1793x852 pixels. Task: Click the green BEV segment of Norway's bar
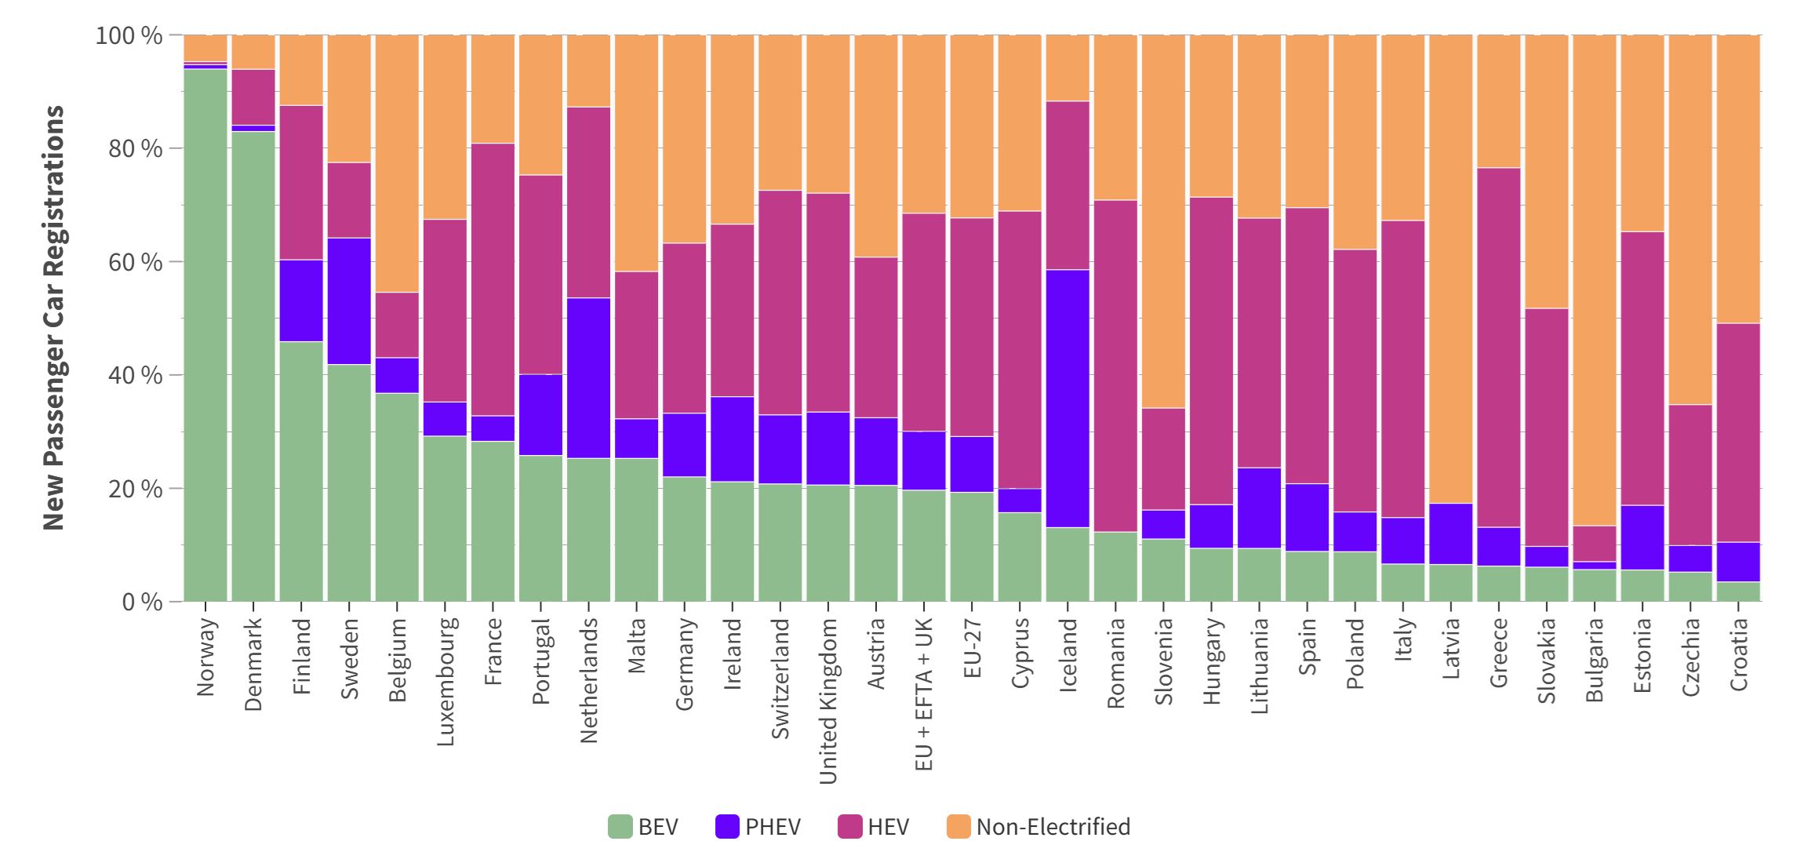point(205,337)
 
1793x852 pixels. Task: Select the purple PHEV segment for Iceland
point(1068,399)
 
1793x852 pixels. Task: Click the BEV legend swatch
point(620,827)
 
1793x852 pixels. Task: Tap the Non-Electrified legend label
point(1053,827)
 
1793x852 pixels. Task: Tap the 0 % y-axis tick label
point(141,603)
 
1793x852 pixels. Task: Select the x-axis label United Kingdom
point(828,701)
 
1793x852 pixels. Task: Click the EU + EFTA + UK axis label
point(924,694)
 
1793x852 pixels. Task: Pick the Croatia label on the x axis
point(1738,654)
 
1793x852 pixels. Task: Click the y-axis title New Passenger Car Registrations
point(53,318)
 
